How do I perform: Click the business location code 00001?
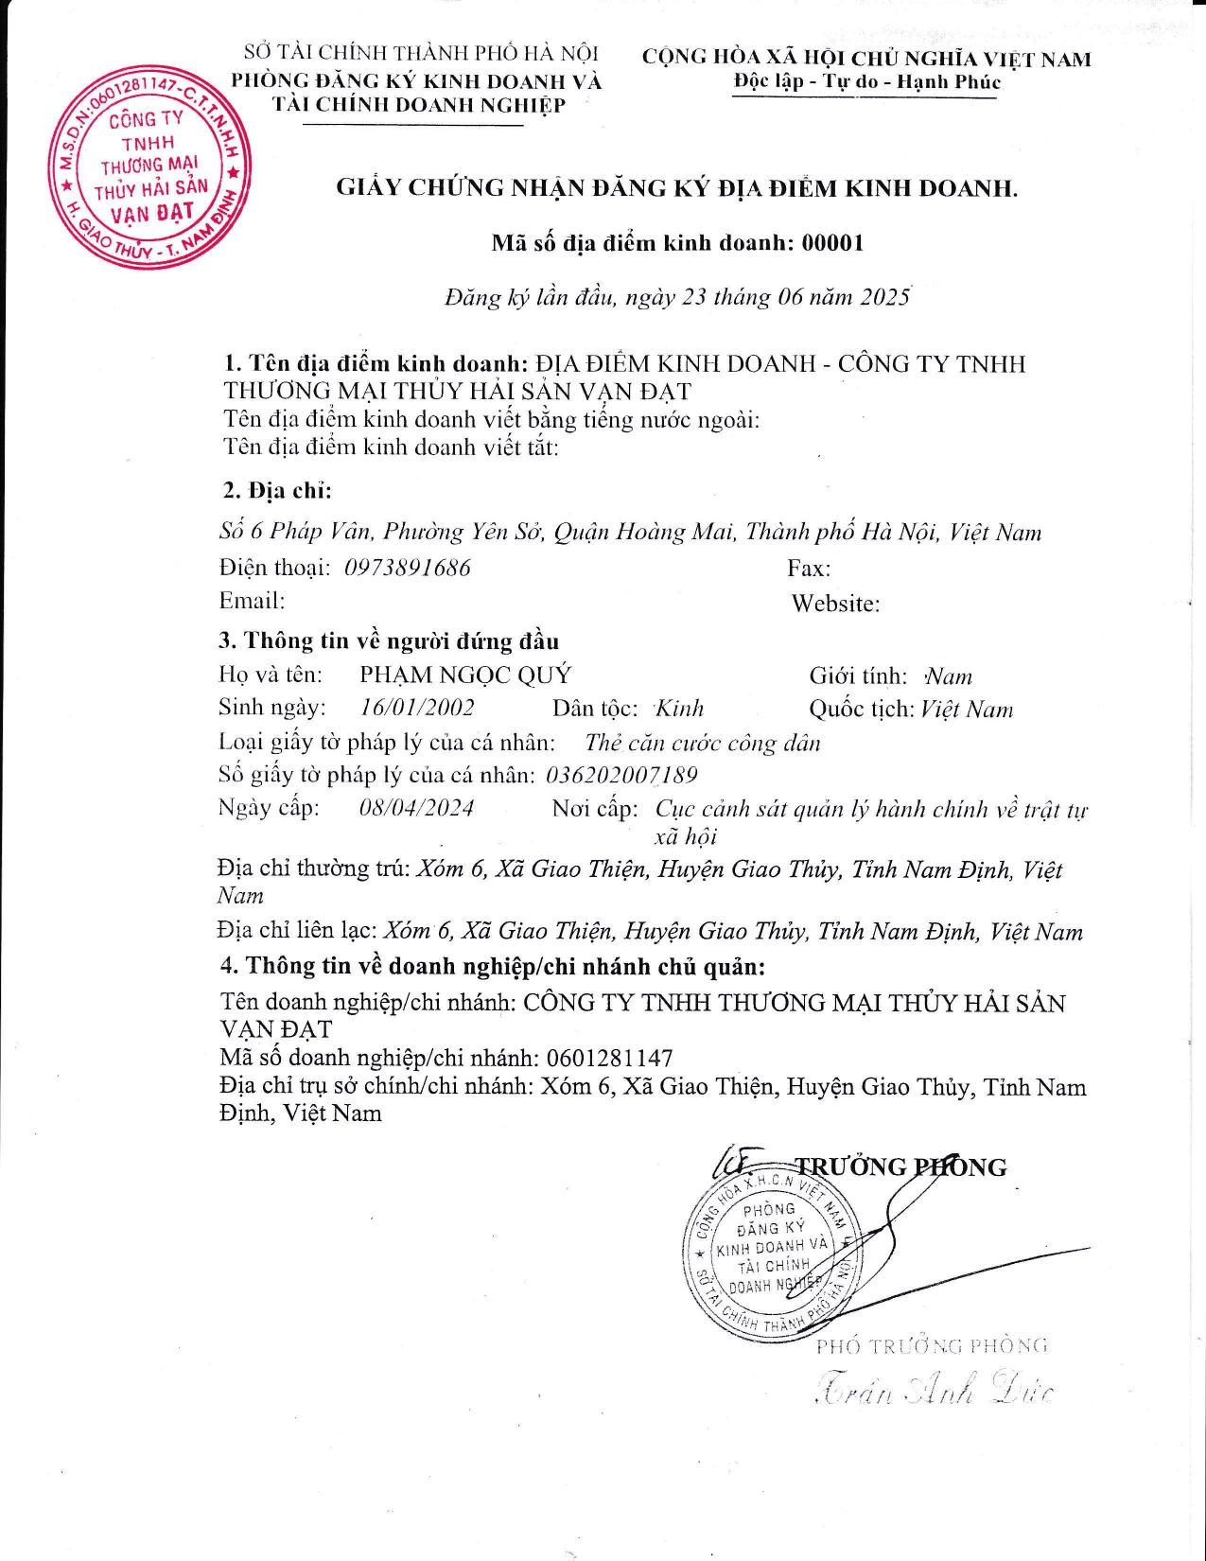832,243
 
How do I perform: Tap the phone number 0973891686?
408,568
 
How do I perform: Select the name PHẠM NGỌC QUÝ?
465,675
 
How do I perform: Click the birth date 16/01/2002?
417,708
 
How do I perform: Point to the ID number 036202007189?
621,775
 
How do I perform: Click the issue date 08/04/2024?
416,808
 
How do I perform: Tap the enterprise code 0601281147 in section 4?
609,1058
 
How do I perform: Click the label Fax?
809,569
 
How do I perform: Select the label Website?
835,604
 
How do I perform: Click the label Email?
252,601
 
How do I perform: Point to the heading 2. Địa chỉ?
277,490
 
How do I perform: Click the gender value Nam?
949,676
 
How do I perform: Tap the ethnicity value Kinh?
679,709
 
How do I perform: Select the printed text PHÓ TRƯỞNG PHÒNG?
932,1345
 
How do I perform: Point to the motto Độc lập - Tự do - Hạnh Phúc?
866,81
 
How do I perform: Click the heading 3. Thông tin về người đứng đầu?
389,640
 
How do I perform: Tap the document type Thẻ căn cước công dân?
702,743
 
